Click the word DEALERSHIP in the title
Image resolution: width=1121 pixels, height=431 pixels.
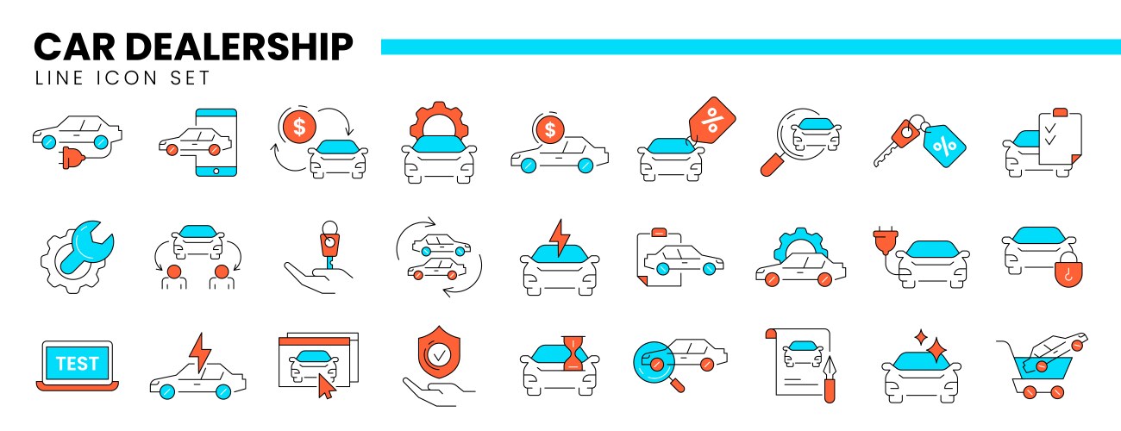coord(239,47)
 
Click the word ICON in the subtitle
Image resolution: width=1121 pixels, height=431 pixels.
coord(127,78)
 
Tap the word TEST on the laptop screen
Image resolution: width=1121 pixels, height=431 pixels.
coord(78,364)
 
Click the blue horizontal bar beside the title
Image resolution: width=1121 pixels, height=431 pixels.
coord(751,47)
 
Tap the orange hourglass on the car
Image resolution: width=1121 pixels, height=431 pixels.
coord(573,353)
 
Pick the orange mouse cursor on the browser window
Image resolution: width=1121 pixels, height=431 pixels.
coord(325,386)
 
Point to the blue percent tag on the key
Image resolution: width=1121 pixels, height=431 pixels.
coord(944,146)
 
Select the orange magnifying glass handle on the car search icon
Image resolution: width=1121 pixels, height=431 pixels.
coord(771,166)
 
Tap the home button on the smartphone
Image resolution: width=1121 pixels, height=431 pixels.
coord(216,171)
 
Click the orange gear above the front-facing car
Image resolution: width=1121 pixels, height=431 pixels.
coord(439,120)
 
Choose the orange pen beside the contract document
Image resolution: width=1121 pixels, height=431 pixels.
coord(830,379)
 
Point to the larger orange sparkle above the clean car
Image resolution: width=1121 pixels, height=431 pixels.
coord(936,349)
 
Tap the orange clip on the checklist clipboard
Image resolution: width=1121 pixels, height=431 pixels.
coord(1060,113)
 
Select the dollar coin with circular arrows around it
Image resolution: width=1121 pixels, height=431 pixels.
coord(298,127)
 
